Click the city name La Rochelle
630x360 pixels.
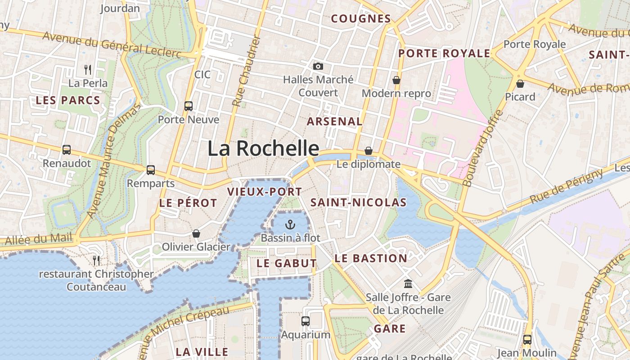coord(263,148)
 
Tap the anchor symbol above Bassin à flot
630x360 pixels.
coord(290,224)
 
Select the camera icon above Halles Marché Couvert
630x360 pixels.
coord(318,66)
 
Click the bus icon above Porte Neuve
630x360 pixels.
coord(189,106)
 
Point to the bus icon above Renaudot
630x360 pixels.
coord(67,150)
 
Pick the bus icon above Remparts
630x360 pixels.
coord(151,170)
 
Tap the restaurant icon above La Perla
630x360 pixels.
coord(88,69)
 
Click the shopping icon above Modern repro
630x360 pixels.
coord(396,80)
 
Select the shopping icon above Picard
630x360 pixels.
coord(520,84)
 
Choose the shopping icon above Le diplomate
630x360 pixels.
coord(369,151)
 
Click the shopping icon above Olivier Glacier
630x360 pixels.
coord(196,234)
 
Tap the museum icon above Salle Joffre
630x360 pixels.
coord(409,283)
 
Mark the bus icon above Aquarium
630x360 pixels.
coord(306,321)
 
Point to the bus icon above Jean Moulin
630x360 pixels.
coord(527,340)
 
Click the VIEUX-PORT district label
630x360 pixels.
coord(264,192)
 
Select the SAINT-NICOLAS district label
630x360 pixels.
coord(359,202)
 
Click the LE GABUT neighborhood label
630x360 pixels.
coord(287,263)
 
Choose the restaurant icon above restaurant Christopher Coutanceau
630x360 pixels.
coord(96,261)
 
